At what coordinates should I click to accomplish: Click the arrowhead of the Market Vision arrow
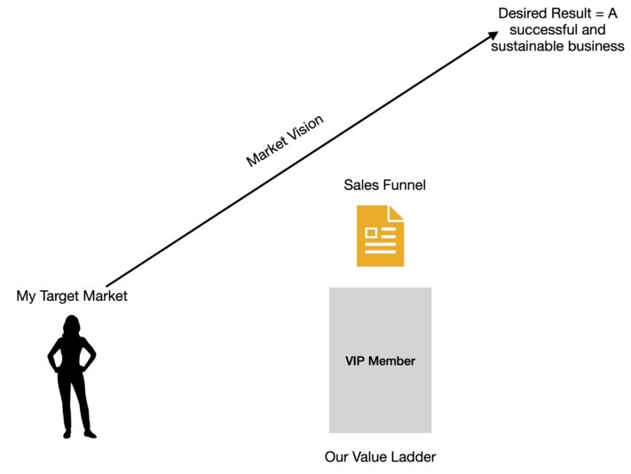(493, 36)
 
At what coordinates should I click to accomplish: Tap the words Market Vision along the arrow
(285, 140)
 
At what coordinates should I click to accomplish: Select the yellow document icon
(380, 235)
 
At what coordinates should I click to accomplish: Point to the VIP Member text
(380, 360)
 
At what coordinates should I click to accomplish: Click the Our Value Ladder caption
(380, 457)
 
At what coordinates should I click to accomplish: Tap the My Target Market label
(72, 296)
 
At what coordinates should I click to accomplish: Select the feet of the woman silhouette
(78, 432)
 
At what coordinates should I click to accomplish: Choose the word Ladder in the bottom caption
(414, 457)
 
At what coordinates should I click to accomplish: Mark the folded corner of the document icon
(396, 213)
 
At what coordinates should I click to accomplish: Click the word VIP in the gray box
(356, 360)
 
